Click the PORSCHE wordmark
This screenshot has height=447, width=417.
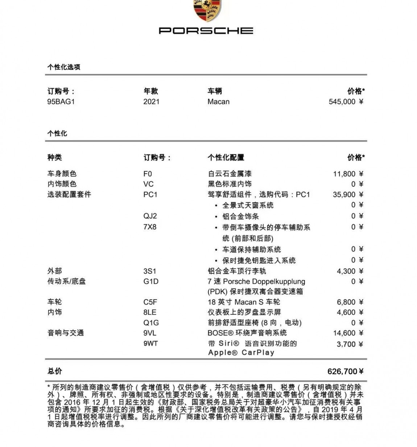[206, 31]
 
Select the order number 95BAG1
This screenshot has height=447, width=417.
[61, 102]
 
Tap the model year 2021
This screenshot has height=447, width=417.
[151, 102]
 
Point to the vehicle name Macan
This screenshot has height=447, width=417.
[218, 102]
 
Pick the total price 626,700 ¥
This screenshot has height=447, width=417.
[345, 371]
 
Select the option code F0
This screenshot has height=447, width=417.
[148, 174]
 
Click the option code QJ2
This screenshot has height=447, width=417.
[150, 216]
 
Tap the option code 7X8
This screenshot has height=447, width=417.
[150, 227]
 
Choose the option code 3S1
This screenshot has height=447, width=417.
[150, 271]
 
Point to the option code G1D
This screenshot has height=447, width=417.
[151, 281]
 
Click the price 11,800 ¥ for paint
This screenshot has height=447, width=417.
[348, 174]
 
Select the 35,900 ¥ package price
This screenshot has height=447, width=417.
[348, 195]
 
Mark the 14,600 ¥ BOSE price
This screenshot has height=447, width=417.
[348, 333]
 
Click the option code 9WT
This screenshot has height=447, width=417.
[150, 343]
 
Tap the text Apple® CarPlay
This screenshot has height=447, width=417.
[241, 353]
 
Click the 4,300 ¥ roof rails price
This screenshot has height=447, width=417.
[350, 271]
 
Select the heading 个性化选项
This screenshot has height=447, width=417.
[64, 67]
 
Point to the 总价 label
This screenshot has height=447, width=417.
[55, 371]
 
